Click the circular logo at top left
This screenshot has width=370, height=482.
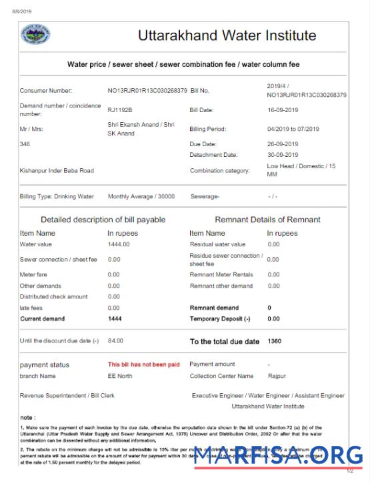coord(35,34)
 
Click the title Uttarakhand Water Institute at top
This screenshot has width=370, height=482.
coord(227,35)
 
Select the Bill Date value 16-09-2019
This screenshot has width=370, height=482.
coord(283,109)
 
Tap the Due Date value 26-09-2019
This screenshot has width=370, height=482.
coord(283,144)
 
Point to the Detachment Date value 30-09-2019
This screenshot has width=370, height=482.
coord(283,154)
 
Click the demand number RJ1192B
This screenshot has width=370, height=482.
coord(120,109)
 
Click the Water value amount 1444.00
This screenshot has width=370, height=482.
coord(119,244)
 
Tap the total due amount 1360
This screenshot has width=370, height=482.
coord(274,341)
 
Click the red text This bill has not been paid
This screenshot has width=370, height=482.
coord(143,365)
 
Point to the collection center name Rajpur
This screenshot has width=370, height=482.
coord(277,376)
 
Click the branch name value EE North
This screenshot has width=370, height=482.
coord(120,376)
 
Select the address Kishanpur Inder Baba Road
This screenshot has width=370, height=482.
coord(57,170)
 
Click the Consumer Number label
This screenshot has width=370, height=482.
coord(46,90)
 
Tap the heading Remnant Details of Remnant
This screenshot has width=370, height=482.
coord(267,220)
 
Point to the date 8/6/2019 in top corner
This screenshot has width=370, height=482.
coord(21,11)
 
